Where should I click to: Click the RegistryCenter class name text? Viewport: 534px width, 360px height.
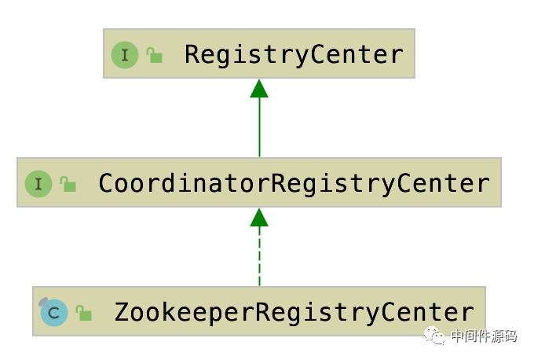294,55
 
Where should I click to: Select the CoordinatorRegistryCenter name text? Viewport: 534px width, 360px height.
294,184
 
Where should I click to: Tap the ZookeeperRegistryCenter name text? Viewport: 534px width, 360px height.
294,312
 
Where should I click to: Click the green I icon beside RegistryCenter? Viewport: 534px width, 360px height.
125,55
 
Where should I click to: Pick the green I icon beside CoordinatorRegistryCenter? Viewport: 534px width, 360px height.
38,184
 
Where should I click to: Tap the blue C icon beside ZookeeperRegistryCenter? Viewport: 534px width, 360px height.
54,313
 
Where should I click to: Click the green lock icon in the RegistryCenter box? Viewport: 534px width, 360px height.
154,55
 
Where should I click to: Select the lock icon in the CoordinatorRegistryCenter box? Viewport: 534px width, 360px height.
68,184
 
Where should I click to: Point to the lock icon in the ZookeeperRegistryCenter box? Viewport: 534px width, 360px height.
84,313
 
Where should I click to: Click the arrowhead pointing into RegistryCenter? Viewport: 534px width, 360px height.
259,89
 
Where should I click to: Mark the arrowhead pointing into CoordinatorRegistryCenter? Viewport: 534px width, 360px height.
259,218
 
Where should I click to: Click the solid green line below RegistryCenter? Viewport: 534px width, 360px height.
259,127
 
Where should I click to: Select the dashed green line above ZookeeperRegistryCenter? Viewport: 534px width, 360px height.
259,256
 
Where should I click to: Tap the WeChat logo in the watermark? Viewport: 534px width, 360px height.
434,336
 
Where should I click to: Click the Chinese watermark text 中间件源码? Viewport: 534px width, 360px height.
484,336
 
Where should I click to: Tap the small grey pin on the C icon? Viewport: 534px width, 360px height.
43,302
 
